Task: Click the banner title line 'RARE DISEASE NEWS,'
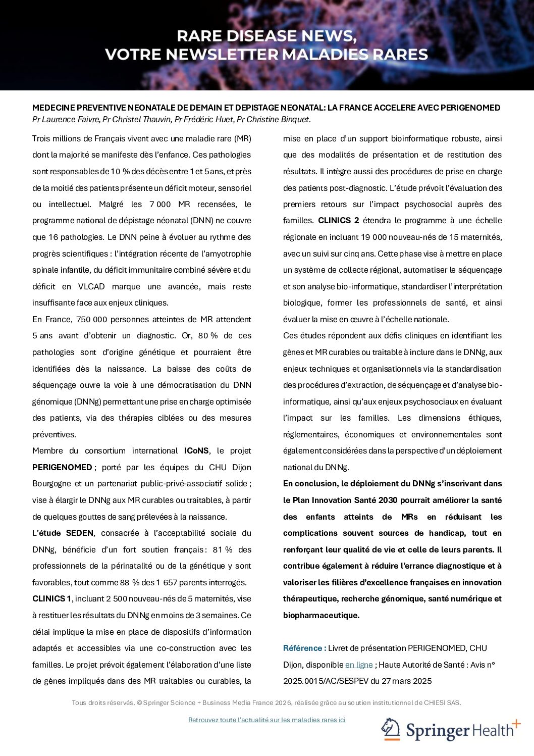click(x=266, y=36)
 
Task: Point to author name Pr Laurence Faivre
click(x=66, y=120)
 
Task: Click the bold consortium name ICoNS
click(x=196, y=451)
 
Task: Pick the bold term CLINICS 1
click(x=52, y=599)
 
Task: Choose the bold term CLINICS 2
click(x=339, y=221)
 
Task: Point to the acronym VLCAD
click(x=91, y=287)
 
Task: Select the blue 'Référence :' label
click(x=304, y=648)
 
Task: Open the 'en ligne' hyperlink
click(x=359, y=665)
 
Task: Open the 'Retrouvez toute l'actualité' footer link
click(x=266, y=720)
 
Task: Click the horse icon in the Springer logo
click(x=391, y=730)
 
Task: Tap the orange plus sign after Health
click(x=516, y=725)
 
